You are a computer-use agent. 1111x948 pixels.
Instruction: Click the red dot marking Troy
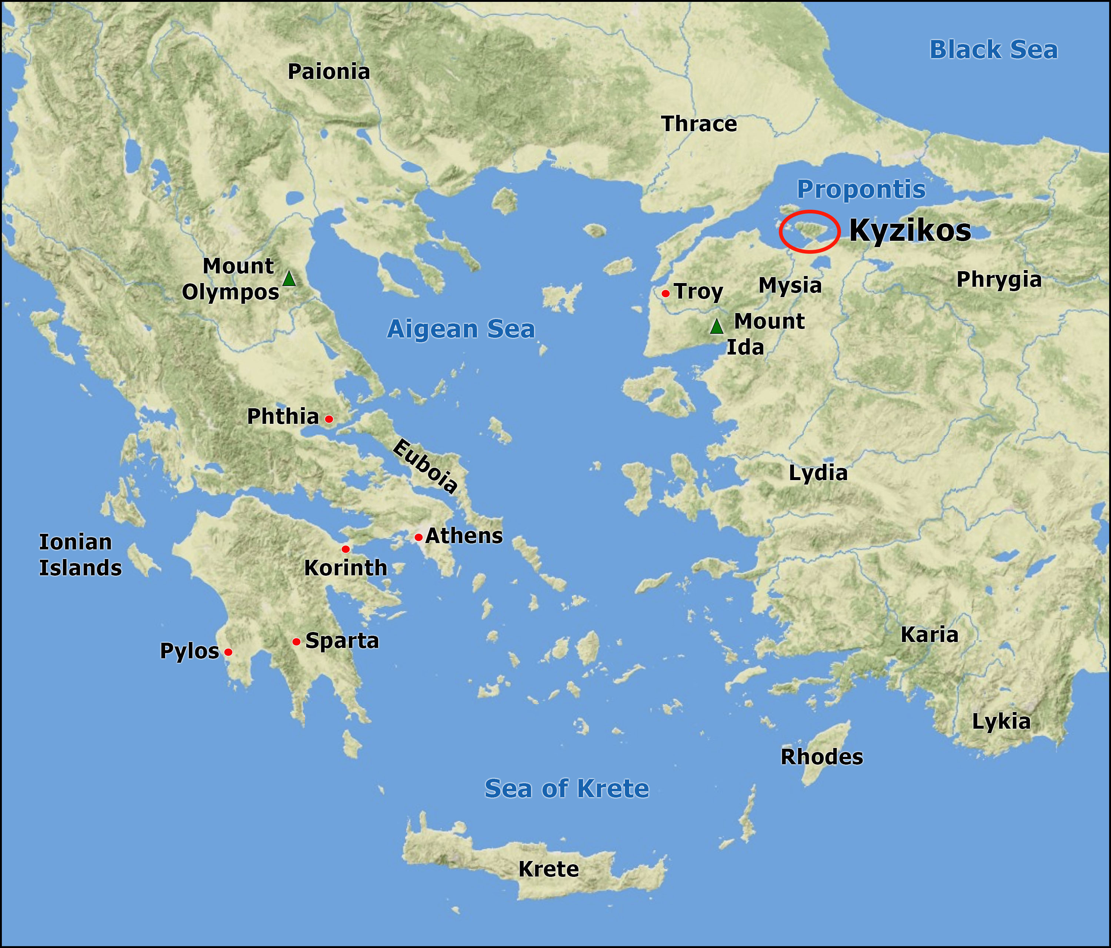coord(665,293)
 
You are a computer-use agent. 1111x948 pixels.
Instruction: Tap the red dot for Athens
coord(418,537)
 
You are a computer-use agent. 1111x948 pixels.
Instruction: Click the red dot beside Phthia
coord(329,419)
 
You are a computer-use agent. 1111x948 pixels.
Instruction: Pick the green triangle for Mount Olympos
coord(289,279)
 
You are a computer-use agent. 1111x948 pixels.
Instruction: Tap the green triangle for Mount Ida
coord(717,326)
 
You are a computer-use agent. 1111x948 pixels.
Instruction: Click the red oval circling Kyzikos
coord(809,231)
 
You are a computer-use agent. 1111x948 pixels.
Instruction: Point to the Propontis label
coord(861,189)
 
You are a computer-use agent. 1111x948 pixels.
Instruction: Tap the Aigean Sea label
coord(461,329)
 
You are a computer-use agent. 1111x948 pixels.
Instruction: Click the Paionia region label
coord(329,72)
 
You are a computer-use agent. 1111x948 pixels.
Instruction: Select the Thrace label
coord(699,124)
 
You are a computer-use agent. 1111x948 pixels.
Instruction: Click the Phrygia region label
coord(999,280)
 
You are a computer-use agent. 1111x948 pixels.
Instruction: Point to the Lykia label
coord(1001,722)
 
